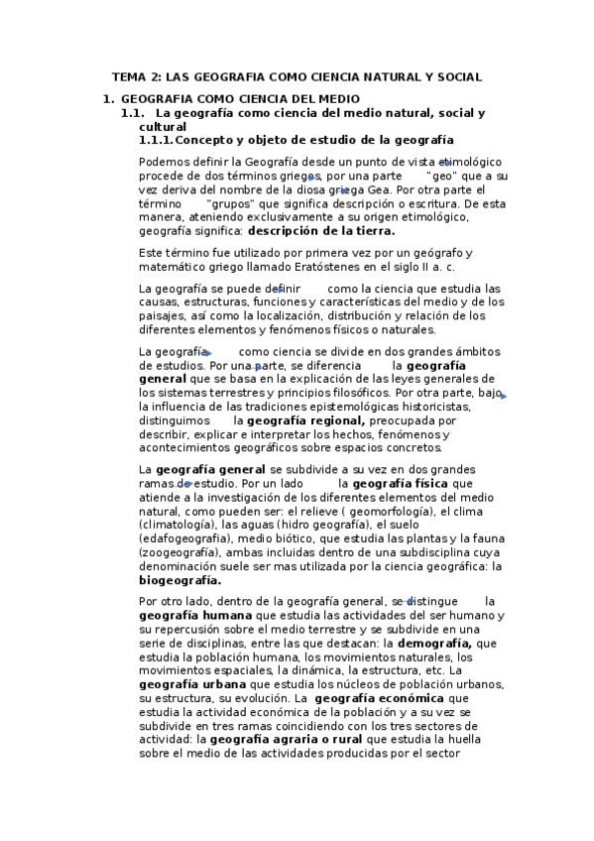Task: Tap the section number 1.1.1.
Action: click(x=156, y=140)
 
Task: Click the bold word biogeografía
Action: click(x=180, y=581)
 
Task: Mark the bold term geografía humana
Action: click(x=184, y=616)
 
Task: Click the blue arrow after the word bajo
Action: click(x=503, y=396)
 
